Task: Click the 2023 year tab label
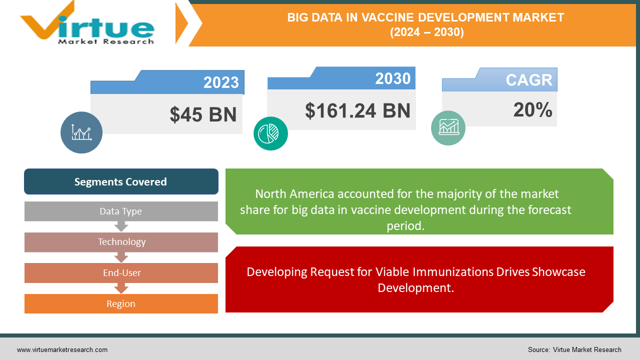[x=220, y=82]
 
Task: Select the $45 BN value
[x=203, y=114]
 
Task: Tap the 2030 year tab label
[x=392, y=78]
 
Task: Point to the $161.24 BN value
[x=357, y=110]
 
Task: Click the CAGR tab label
[x=528, y=79]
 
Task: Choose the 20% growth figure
[x=532, y=110]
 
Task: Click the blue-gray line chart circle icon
[x=81, y=132]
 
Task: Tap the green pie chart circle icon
[x=270, y=133]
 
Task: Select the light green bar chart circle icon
[x=448, y=128]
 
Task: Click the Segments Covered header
[x=121, y=181]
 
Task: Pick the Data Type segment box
[x=121, y=211]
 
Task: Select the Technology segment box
[x=121, y=242]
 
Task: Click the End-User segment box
[x=121, y=273]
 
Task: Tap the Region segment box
[x=121, y=304]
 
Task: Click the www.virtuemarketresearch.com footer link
[x=62, y=349]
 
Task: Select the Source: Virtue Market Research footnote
[x=574, y=349]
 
